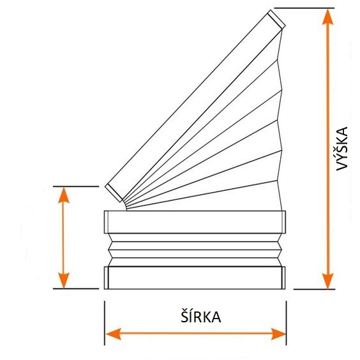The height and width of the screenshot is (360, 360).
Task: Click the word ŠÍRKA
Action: point(200,316)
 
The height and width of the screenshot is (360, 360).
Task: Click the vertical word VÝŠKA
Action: point(342,149)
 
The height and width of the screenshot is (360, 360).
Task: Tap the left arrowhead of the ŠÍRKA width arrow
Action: point(114,334)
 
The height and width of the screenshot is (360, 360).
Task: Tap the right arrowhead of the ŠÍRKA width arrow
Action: point(278,334)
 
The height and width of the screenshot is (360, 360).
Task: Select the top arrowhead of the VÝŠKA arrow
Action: point(327,17)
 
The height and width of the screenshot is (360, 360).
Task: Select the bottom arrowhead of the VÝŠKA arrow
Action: point(327,281)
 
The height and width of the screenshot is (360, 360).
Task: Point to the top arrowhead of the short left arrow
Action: point(64,195)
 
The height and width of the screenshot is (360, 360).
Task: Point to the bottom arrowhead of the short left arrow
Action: point(64,281)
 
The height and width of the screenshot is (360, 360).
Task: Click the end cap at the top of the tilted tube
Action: point(276,19)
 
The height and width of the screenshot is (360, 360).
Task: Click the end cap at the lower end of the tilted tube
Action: point(114,193)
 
